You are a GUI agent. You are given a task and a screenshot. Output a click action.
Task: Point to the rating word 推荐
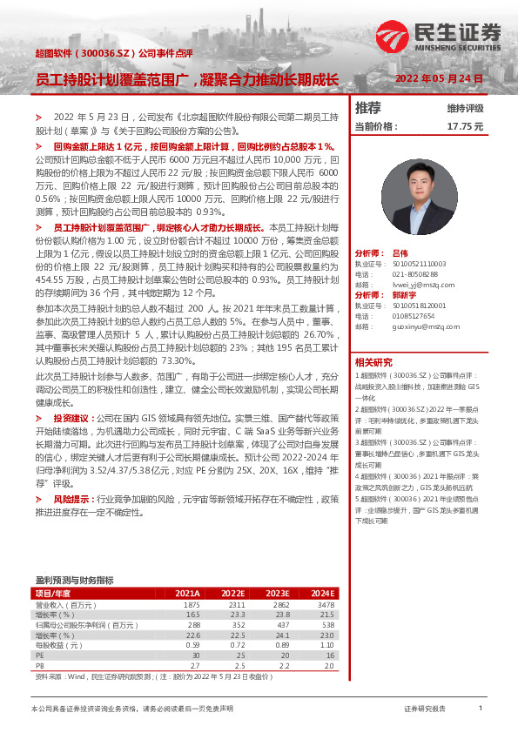[368, 108]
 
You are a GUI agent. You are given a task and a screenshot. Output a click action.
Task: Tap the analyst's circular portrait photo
[413, 191]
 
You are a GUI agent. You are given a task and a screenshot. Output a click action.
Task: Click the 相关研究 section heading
[373, 362]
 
